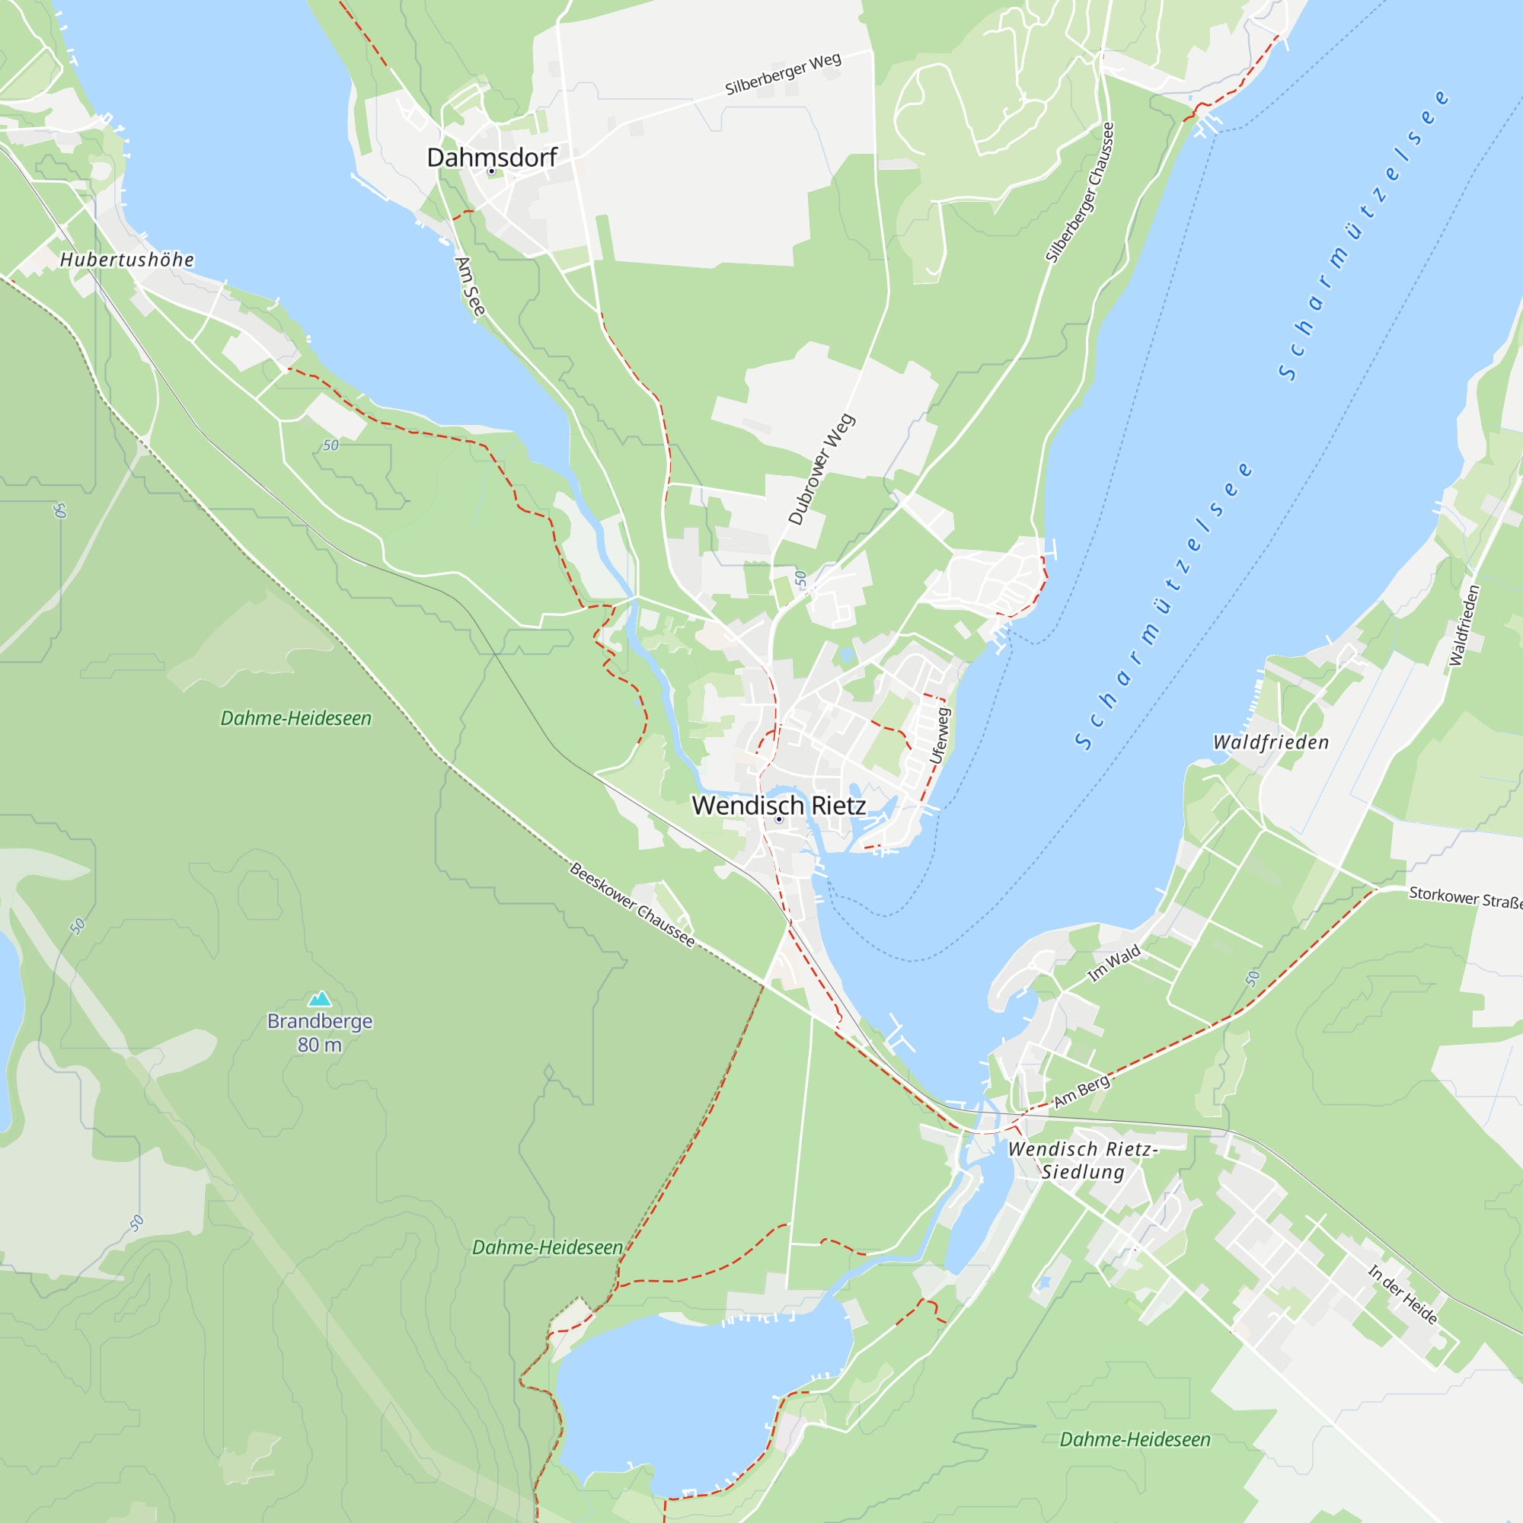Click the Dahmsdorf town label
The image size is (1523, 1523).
tap(491, 157)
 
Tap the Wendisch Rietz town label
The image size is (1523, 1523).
tap(778, 805)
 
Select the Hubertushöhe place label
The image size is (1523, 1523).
tap(127, 260)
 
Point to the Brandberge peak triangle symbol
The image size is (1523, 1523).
tap(319, 999)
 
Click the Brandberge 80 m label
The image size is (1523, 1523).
tap(319, 1033)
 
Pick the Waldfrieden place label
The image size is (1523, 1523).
tap(1270, 742)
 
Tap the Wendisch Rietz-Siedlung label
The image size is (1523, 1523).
tap(1082, 1161)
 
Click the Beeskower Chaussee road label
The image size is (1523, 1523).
tap(632, 905)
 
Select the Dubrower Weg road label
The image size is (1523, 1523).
tap(822, 469)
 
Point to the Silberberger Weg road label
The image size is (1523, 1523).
tap(783, 74)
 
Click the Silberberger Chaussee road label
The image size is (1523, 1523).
tap(1080, 193)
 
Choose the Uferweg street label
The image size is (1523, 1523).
tap(940, 736)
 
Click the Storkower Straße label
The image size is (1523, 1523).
tap(1464, 897)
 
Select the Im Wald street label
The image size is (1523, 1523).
tap(1113, 963)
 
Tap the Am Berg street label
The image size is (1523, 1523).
tap(1081, 1090)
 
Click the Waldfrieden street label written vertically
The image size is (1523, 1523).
tap(1464, 625)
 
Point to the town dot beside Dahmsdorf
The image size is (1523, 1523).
tap(491, 171)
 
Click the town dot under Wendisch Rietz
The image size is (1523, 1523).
tap(779, 819)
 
